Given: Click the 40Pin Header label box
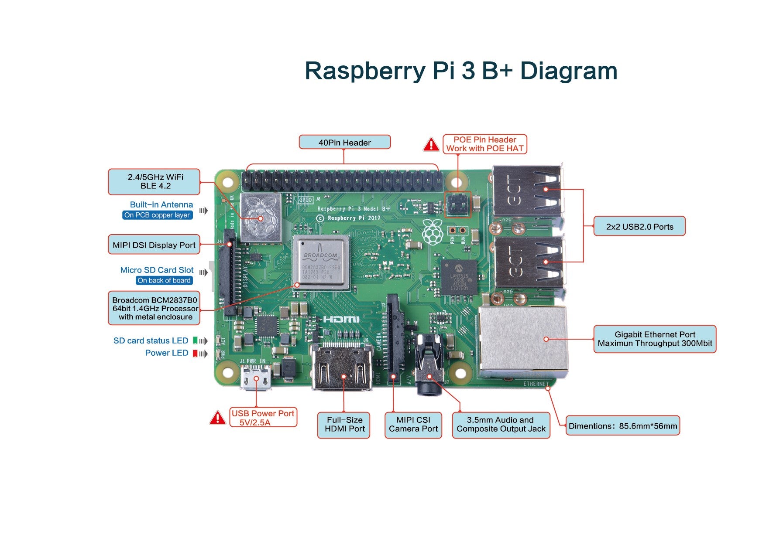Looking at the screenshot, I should coord(344,143).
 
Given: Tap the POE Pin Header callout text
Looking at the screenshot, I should coord(484,144).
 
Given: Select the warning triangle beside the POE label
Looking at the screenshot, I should coord(431,145).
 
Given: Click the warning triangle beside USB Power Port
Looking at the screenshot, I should coord(217,418).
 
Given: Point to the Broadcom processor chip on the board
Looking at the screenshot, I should coord(321,262).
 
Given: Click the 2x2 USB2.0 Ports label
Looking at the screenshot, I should coord(639,227).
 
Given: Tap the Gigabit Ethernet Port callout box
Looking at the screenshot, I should coord(654,339).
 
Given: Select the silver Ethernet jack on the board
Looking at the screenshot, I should coord(522,340).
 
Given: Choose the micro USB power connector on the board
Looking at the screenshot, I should coord(256,377).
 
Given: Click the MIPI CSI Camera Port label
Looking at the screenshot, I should coord(413,425).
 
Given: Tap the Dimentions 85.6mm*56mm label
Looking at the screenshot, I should coord(622,426).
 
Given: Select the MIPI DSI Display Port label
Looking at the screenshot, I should coord(154,245).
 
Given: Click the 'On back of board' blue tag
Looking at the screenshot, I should coord(164,280).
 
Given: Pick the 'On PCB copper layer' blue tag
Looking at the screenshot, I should coord(157,215).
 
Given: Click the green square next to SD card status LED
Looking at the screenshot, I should coord(195,340).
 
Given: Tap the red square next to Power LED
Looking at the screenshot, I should coord(195,353).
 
